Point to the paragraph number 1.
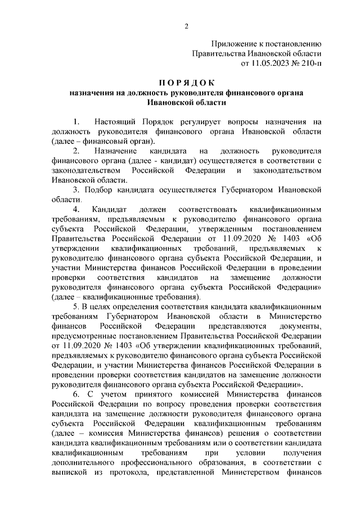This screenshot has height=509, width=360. point(76,121)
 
